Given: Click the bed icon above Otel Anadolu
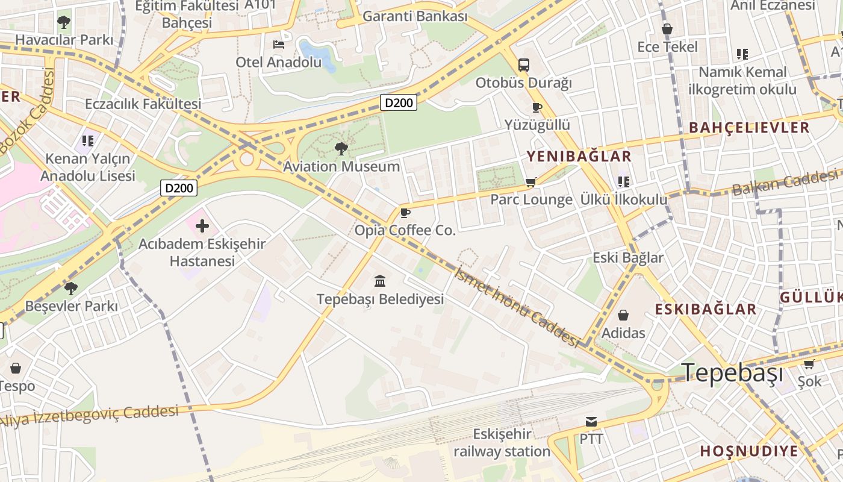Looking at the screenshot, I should click(x=278, y=45).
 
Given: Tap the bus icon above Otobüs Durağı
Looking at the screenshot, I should click(x=523, y=65).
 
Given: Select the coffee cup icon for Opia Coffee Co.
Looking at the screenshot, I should click(x=405, y=213).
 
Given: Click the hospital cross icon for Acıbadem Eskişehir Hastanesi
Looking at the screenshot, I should click(x=202, y=227).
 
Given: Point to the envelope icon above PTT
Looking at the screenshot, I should click(x=591, y=422).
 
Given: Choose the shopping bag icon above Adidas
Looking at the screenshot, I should click(x=623, y=315).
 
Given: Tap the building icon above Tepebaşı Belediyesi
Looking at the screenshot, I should click(x=380, y=281).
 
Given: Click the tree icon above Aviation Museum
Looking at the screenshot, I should click(x=341, y=148).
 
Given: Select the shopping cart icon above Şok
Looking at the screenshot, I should click(x=809, y=364).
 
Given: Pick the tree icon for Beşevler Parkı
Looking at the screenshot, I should click(x=71, y=288).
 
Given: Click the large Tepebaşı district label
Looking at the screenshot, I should click(x=732, y=373).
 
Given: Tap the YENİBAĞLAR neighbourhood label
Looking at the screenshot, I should click(x=579, y=157).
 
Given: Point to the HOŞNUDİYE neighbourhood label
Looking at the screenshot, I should click(x=748, y=451).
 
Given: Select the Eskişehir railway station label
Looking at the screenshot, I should click(x=502, y=443).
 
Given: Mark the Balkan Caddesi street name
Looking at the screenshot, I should click(x=784, y=183).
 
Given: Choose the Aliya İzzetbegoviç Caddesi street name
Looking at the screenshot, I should click(x=90, y=416).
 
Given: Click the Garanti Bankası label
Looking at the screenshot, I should click(x=415, y=16).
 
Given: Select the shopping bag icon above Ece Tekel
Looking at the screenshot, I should click(x=667, y=29).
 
